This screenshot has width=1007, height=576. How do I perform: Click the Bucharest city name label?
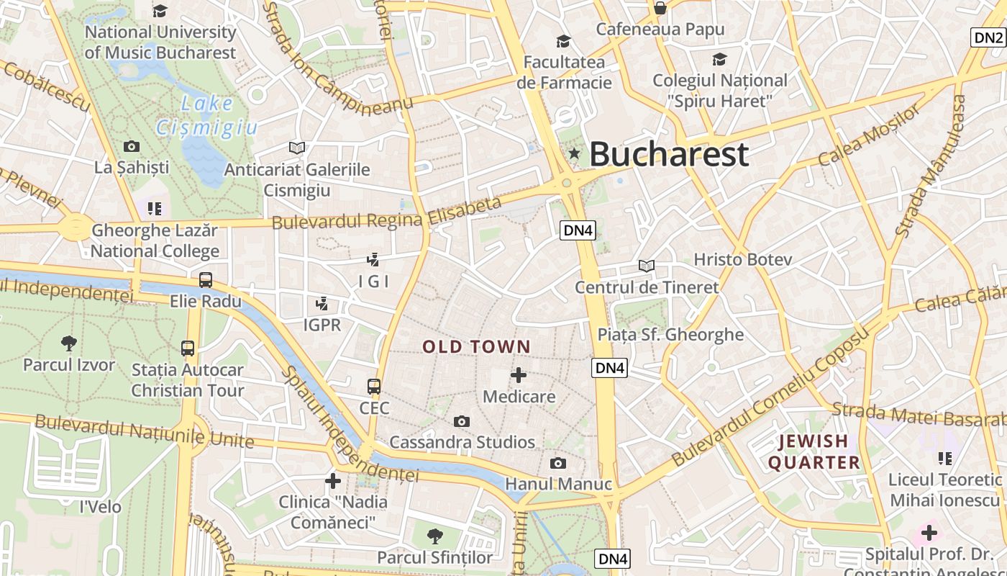click(x=669, y=154)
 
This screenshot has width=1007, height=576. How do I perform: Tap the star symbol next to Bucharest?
click(x=574, y=153)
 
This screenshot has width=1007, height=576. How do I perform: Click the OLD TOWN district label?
click(x=476, y=347)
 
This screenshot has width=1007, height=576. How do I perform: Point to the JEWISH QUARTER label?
click(x=814, y=452)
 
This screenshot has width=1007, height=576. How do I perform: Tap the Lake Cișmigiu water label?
click(x=206, y=116)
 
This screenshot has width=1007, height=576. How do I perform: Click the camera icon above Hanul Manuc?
click(x=557, y=463)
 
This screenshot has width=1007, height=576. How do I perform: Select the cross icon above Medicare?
click(x=518, y=375)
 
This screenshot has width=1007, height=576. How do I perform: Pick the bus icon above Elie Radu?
click(x=206, y=279)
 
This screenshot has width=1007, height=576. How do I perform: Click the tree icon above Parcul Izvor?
click(x=69, y=343)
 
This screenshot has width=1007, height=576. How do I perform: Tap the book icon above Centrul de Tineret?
click(x=647, y=266)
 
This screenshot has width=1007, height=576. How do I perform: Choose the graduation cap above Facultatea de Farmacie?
click(x=563, y=41)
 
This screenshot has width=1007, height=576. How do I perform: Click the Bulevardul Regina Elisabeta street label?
click(x=386, y=214)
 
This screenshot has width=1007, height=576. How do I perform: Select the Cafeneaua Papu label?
click(x=660, y=30)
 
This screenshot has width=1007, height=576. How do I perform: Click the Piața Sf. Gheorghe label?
click(x=670, y=334)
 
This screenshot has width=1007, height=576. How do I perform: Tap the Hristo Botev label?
click(x=742, y=259)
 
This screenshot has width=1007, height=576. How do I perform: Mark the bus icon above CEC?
click(x=374, y=387)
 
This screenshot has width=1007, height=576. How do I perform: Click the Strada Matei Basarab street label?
click(x=918, y=414)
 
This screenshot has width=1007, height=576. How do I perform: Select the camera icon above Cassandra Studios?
click(x=462, y=421)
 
